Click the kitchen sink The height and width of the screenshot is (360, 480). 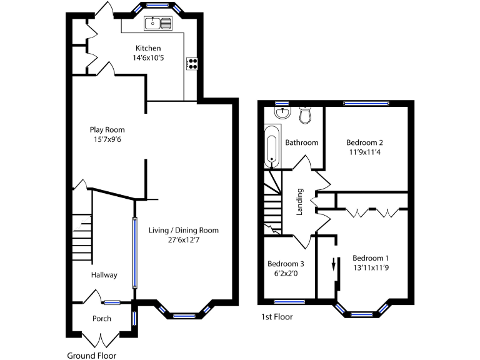point(158,24)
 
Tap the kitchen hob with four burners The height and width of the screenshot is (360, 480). point(192,63)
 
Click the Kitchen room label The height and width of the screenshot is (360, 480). point(148,48)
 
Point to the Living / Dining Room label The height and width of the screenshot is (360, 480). point(183,230)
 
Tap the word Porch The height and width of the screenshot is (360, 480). point(101,319)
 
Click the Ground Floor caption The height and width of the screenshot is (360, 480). point(91,356)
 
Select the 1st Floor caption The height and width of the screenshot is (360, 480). point(276,317)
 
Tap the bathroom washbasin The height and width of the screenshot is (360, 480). point(283,112)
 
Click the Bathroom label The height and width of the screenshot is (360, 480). point(302,142)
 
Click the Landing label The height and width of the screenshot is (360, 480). point(300,201)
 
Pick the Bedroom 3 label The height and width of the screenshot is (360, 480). point(286,264)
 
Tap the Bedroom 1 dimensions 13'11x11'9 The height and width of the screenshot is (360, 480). point(371,267)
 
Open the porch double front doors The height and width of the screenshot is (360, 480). point(100,341)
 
